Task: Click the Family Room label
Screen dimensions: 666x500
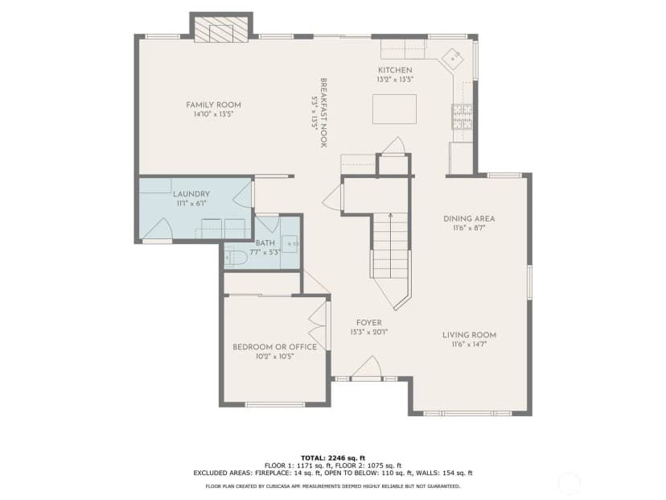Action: coord(213,105)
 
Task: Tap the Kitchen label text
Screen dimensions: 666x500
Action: coord(395,70)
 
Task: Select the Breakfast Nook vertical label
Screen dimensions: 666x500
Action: coord(323,112)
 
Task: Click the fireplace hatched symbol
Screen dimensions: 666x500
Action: coord(221,29)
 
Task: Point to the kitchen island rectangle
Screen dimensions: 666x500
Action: coord(394,109)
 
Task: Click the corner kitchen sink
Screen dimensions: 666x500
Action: coord(453,58)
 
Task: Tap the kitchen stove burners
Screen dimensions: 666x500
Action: coord(462,117)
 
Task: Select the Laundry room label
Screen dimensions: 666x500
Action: coord(191,194)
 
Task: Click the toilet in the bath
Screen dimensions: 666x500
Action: coord(236,258)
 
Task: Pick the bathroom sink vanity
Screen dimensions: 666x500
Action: coord(290,244)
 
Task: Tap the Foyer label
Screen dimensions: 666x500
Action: coord(368,323)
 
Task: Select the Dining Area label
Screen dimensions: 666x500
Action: coord(469,218)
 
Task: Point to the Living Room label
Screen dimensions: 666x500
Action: coord(470,335)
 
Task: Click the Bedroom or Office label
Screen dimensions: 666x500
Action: coord(274,347)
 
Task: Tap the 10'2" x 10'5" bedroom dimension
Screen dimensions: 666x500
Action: coord(275,357)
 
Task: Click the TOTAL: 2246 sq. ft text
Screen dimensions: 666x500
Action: coord(333,458)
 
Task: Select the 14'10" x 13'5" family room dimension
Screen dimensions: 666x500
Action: coord(214,114)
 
